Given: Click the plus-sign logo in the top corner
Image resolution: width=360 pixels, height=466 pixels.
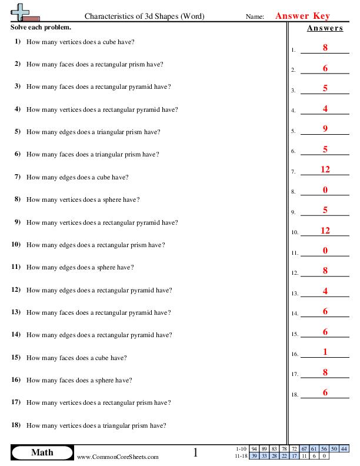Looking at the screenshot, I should [x=21, y=12].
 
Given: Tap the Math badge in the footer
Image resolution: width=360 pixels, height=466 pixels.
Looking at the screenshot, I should [x=42, y=452].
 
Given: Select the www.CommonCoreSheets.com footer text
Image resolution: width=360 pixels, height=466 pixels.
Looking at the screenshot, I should [x=118, y=457].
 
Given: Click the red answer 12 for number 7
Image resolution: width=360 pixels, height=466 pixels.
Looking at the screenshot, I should [x=325, y=169].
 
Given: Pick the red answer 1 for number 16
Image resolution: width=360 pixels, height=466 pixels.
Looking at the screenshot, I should [x=325, y=352].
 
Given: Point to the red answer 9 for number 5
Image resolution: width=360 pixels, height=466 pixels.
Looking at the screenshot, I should [x=325, y=129].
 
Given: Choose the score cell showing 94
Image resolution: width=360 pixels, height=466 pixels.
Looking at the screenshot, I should [x=254, y=448].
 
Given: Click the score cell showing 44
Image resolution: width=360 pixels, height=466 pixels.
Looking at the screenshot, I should [x=344, y=448].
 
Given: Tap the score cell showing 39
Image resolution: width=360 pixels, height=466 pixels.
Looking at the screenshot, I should [x=254, y=455].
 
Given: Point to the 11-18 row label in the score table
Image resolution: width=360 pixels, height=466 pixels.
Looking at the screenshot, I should [x=241, y=455].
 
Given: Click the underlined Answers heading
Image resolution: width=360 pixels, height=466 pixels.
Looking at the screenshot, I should [x=325, y=28].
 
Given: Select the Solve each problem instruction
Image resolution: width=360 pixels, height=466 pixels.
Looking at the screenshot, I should [x=41, y=28].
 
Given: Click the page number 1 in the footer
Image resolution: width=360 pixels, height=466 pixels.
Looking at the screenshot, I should [x=196, y=452].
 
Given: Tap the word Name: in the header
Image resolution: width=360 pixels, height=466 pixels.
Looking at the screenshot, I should [x=255, y=17].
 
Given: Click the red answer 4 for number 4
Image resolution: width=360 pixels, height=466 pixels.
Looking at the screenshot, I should [x=325, y=108].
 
